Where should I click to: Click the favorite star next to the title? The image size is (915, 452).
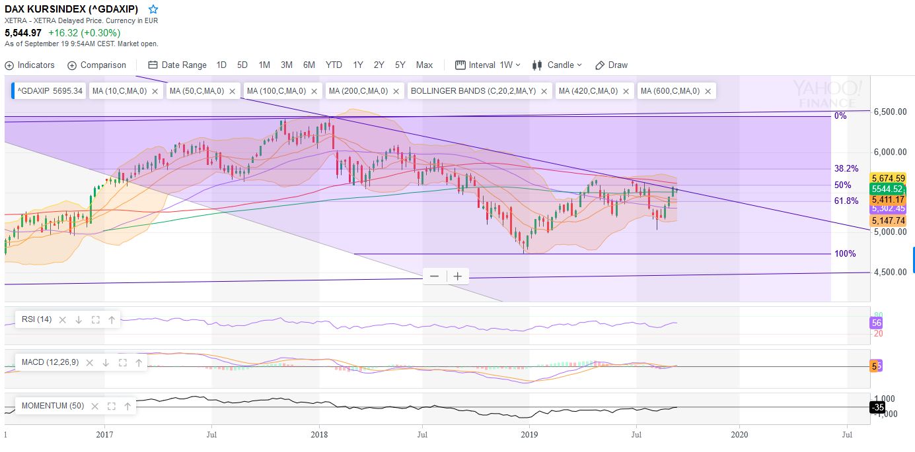[153, 9]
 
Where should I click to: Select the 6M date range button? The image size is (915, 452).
[309, 65]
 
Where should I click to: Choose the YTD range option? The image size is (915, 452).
[334, 65]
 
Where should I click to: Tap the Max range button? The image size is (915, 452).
[424, 65]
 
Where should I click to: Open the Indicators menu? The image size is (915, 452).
[30, 65]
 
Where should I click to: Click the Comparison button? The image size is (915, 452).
[96, 65]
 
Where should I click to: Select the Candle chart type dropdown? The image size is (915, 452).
[558, 65]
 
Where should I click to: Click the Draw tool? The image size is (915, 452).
[611, 65]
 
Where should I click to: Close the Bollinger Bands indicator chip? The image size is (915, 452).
[544, 91]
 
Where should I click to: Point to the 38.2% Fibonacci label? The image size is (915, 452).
[846, 168]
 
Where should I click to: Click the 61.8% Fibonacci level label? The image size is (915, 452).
[846, 201]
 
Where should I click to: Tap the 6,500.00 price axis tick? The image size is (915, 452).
[890, 112]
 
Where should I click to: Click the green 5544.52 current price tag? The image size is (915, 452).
[887, 189]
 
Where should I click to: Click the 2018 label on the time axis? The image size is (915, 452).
[319, 435]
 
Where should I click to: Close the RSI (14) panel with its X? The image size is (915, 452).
[63, 320]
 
